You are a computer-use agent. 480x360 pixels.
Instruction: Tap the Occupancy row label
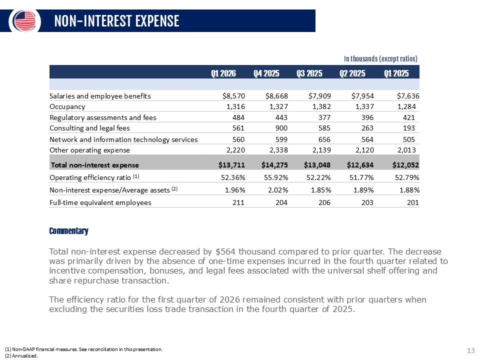tap(67, 106)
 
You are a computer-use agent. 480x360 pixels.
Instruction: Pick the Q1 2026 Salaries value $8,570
tap(230, 95)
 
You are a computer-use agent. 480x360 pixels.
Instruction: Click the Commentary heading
tap(68, 231)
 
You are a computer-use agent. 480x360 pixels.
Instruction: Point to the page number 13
tap(470, 350)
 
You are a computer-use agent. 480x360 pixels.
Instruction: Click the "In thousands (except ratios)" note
tap(381, 58)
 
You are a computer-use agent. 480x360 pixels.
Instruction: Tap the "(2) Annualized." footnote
tap(21, 356)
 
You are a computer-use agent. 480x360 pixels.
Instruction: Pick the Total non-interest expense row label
tap(95, 164)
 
